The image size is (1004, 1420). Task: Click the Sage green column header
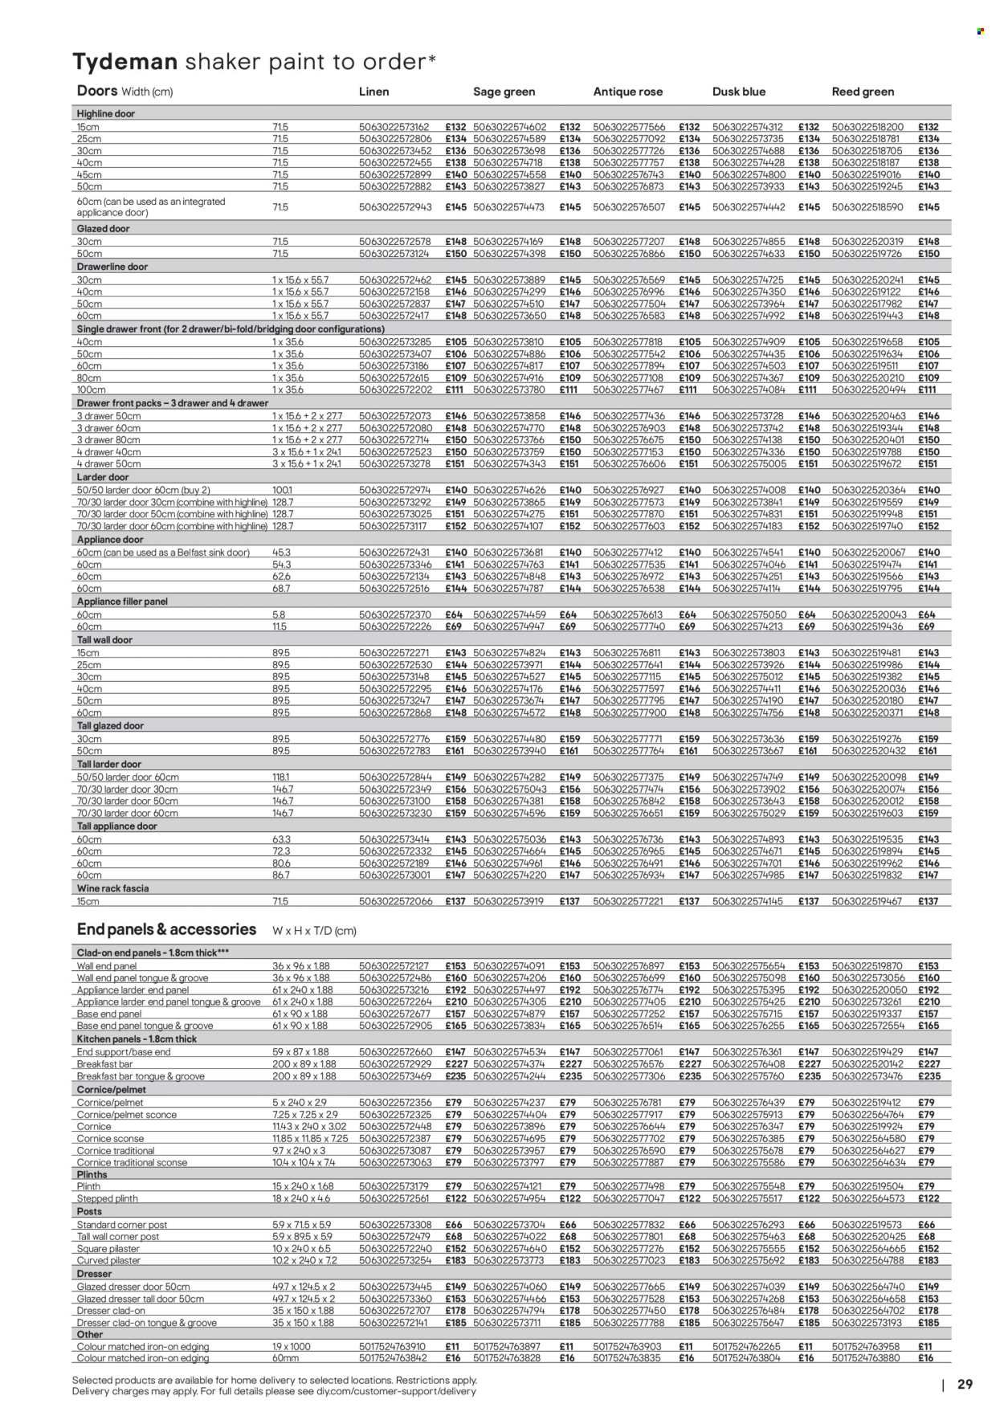(x=504, y=92)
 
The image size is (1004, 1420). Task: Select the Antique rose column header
(x=627, y=92)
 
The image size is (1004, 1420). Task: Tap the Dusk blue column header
(x=739, y=92)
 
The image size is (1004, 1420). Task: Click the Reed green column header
(x=863, y=92)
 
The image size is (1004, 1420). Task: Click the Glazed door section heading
(x=103, y=229)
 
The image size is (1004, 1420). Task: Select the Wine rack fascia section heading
(x=112, y=888)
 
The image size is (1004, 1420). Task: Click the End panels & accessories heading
(x=166, y=930)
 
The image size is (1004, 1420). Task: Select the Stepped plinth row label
(x=107, y=1198)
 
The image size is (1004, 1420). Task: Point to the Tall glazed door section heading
(x=110, y=726)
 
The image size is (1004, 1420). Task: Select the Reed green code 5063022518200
(x=867, y=127)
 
